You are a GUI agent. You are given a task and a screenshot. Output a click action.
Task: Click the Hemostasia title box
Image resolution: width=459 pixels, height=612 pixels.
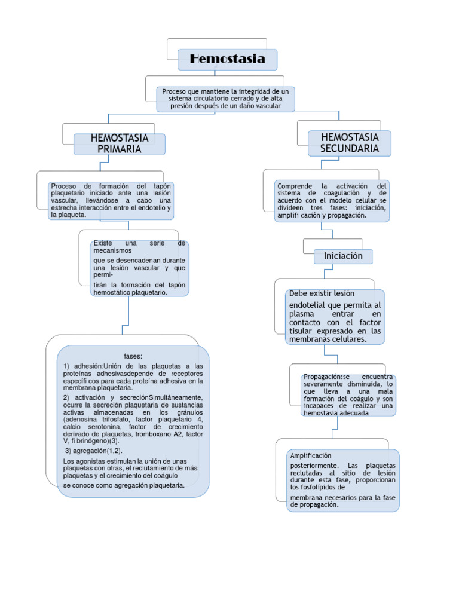227,59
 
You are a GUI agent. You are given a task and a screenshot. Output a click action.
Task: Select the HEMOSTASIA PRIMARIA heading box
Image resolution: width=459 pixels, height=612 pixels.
120,144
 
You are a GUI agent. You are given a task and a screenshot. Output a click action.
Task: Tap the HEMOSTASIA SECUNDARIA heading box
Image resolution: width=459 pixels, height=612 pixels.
349,143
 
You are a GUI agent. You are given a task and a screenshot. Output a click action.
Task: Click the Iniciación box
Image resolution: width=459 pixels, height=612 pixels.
343,256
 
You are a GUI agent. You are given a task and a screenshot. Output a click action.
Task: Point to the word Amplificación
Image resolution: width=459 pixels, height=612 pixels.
310,455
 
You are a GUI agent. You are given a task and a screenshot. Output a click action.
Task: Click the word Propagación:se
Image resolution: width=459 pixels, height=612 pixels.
326,377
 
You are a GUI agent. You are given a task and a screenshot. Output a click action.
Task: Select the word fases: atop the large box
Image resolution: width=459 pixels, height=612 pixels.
133,356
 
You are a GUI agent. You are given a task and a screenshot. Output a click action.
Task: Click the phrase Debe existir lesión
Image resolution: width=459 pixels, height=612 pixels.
322,294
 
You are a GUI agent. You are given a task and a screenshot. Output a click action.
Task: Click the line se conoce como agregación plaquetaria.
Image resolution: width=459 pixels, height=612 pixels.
124,486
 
